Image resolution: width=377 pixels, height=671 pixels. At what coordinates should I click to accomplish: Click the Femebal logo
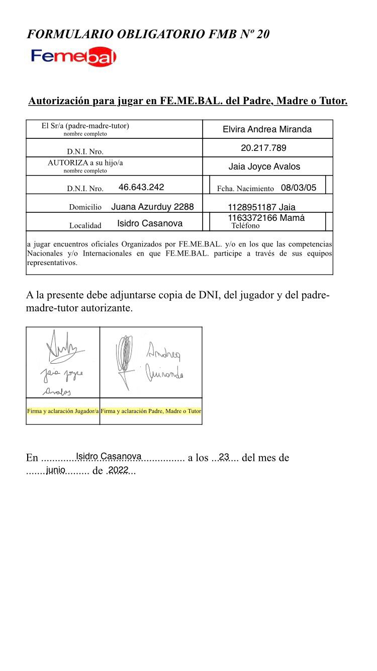click(x=73, y=56)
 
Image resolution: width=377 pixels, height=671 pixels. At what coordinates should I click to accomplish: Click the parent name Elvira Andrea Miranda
click(x=267, y=129)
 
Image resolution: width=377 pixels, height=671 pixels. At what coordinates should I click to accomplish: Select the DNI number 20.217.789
click(x=263, y=148)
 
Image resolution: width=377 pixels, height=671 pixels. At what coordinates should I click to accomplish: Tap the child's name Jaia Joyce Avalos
click(x=264, y=166)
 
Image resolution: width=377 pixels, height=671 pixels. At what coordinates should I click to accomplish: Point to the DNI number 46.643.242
click(x=141, y=187)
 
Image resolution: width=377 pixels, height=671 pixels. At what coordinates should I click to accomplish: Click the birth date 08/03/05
click(x=299, y=188)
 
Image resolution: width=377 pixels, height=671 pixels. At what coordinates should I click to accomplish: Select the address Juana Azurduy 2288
click(x=152, y=207)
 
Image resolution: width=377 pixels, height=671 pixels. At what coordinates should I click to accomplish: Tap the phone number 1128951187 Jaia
click(x=261, y=207)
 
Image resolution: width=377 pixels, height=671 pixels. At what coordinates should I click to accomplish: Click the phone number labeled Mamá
click(x=266, y=218)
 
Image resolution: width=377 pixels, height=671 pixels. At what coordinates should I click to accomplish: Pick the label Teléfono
click(x=245, y=226)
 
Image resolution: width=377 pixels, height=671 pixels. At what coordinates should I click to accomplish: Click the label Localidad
click(x=85, y=226)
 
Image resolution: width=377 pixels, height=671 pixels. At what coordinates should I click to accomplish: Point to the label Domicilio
click(x=85, y=207)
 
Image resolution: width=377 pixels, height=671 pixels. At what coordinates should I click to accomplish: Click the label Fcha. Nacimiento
click(x=245, y=189)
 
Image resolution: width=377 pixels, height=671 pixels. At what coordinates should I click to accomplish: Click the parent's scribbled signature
click(x=124, y=360)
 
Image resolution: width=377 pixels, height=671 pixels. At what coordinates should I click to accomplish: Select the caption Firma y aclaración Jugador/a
click(x=63, y=411)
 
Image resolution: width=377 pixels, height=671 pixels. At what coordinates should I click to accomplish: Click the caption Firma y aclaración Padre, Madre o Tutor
click(x=151, y=411)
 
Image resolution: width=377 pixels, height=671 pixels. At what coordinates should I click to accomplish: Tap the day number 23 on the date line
click(x=224, y=457)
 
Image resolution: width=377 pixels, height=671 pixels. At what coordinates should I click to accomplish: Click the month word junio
click(x=55, y=470)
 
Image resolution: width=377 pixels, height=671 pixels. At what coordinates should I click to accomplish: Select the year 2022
click(x=119, y=470)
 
